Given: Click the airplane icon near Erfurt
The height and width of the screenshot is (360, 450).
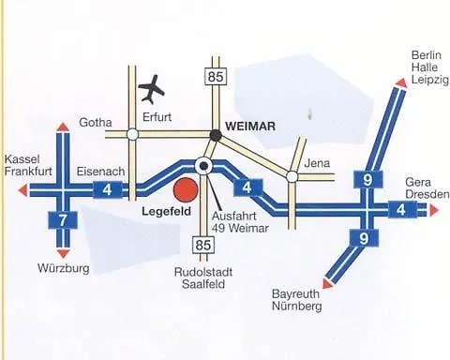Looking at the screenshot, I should coord(151,91).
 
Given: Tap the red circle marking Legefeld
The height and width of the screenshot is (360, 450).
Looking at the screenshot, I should coord(186,190).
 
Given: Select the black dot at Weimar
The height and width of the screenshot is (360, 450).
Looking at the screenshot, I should coord(216,135).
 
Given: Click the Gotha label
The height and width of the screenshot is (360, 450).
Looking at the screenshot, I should coord(97,123).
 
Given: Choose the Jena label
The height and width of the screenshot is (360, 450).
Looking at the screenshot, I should coord(319,163).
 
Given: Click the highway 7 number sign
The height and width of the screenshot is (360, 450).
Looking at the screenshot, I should coord(62,221).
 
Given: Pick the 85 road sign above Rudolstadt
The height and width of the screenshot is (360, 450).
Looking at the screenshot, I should coord(206,245).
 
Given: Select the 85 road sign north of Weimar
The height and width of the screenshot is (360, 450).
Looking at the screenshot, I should coord(216,78).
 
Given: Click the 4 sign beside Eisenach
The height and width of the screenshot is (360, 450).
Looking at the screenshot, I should coord(108,190).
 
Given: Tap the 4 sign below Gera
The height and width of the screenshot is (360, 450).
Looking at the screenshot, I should coord(402,209).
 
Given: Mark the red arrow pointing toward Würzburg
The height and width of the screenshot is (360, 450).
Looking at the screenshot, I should coord(63,253).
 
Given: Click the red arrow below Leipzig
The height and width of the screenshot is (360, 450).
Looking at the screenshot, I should coord(399,83).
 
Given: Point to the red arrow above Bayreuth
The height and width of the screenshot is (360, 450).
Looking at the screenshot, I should coord(325,282).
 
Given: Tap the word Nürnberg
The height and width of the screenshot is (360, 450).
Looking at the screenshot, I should coord(297,307).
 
